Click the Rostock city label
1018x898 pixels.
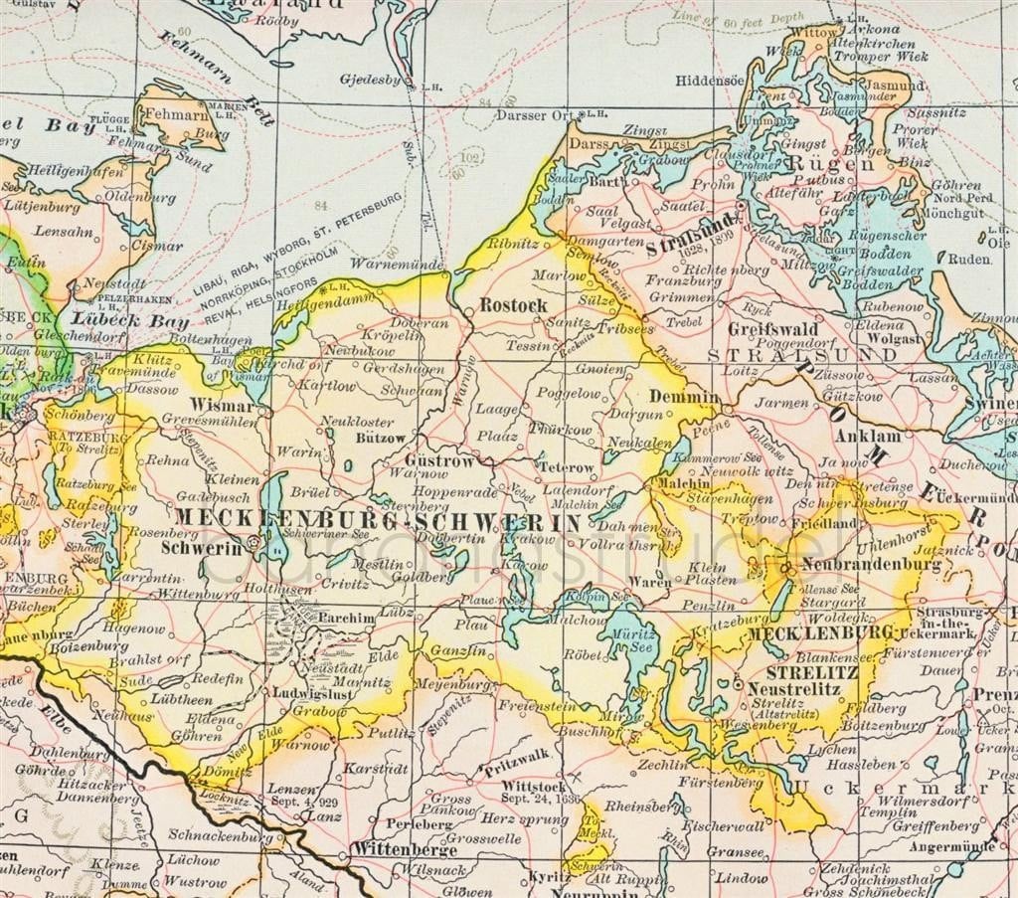click(513, 305)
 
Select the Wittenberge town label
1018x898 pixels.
click(404, 850)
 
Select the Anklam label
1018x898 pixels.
click(868, 436)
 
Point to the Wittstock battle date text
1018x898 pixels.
click(540, 798)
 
